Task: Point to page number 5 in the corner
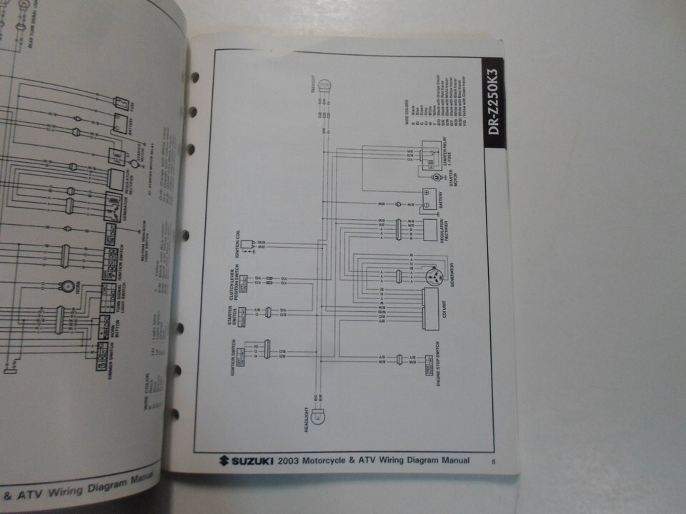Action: click(x=493, y=462)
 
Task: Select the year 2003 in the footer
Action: click(x=292, y=461)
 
